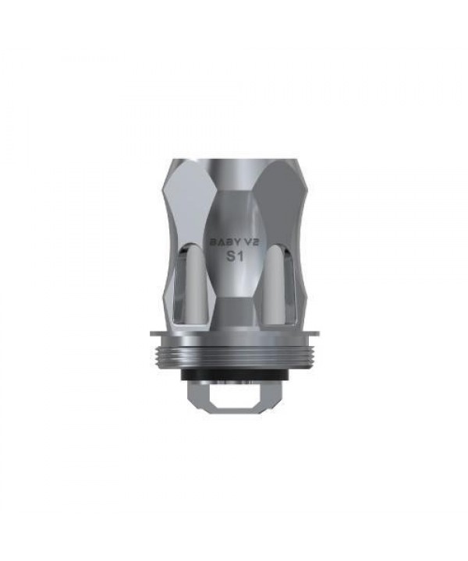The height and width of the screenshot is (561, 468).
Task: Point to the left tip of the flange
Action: [151, 333]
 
